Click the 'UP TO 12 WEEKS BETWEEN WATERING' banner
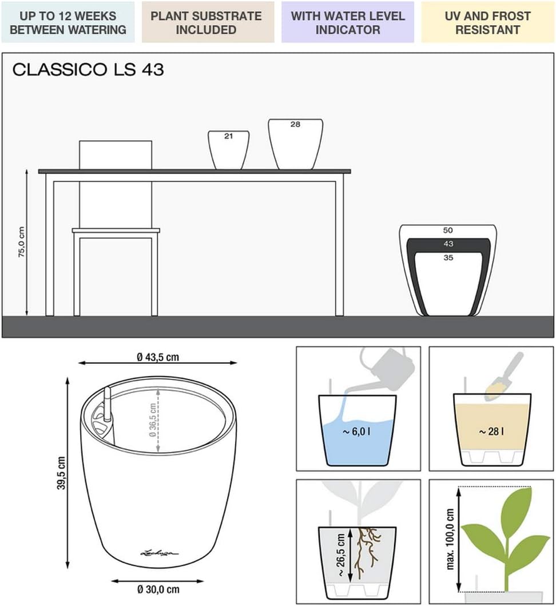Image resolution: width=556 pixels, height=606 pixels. pos(68,22)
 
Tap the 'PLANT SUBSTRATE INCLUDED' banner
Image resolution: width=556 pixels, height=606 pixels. pos(208,22)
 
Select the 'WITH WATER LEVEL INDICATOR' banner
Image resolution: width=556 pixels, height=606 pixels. pos(348,22)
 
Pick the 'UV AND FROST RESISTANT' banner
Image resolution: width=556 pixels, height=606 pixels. pos(487,22)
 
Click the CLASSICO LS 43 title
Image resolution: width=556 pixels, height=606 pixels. pos(88,70)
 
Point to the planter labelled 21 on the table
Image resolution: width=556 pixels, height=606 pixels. pos(228,150)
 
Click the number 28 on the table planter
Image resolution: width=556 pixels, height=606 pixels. pos(295,124)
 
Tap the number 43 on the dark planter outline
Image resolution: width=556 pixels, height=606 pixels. pos(448,244)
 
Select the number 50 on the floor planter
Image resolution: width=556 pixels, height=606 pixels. pos(448,231)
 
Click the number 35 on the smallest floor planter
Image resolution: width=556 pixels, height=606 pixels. pos(448,258)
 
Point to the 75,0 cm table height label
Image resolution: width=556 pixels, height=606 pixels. pos(22,242)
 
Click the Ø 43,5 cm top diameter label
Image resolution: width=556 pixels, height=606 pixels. pos(158,357)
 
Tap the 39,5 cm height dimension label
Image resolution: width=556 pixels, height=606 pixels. pos(61,473)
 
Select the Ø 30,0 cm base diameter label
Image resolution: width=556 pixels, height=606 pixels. pos(158,589)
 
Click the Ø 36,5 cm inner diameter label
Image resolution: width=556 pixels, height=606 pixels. pos(153,420)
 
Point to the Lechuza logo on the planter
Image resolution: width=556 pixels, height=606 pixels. pos(160,553)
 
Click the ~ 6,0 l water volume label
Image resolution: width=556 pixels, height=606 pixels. pos(356,431)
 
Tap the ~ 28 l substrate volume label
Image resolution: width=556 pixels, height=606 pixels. pos(491,431)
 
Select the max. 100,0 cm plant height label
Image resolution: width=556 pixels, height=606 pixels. pos(450,538)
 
